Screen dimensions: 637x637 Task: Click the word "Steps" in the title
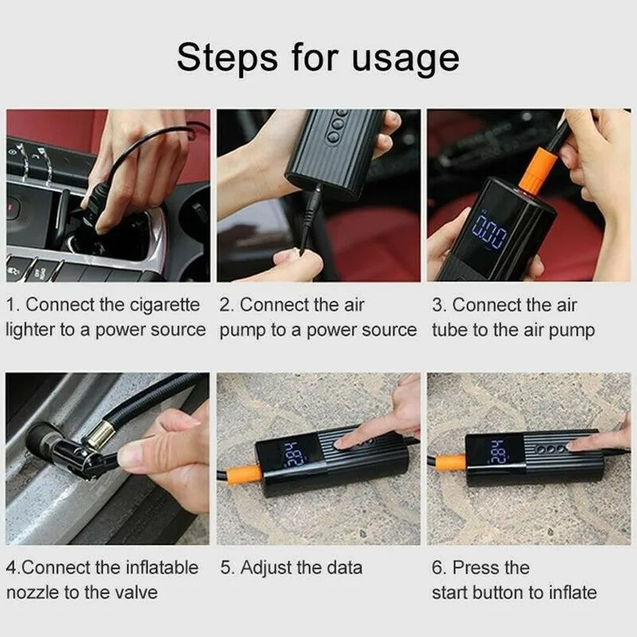(227, 57)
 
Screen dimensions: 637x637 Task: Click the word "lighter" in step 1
(30, 330)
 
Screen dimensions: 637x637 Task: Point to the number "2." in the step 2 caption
(226, 306)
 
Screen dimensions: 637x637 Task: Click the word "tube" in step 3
(449, 330)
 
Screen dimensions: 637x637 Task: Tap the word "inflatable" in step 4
(162, 568)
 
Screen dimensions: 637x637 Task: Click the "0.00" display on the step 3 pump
(490, 233)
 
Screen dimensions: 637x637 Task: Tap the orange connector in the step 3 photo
(537, 170)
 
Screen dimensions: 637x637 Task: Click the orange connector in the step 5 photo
(243, 475)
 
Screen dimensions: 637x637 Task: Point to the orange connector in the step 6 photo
(451, 463)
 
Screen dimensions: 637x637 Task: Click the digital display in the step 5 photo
(293, 453)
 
